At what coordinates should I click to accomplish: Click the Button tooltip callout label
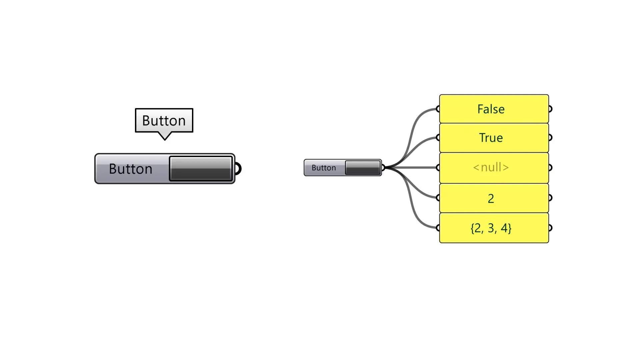coord(164,120)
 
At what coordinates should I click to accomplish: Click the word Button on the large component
coord(130,169)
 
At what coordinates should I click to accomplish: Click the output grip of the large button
coord(238,169)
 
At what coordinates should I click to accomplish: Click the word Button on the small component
coord(323,168)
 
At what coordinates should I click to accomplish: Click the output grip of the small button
coord(383,167)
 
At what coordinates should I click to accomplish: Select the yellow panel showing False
coord(494,109)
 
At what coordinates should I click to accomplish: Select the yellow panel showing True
coord(494,138)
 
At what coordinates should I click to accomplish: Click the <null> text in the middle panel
coord(491,167)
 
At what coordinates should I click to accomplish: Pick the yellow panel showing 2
coord(494,198)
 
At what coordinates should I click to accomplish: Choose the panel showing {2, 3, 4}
coord(494,228)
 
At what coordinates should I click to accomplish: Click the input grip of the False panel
coord(438,109)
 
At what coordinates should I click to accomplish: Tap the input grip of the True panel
coord(438,137)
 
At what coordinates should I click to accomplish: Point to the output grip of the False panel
coord(550,109)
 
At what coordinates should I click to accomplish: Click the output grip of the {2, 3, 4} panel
coord(550,228)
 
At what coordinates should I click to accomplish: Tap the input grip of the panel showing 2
coord(438,198)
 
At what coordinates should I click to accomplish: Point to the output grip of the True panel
coord(550,137)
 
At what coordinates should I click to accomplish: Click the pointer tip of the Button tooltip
coord(165,139)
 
